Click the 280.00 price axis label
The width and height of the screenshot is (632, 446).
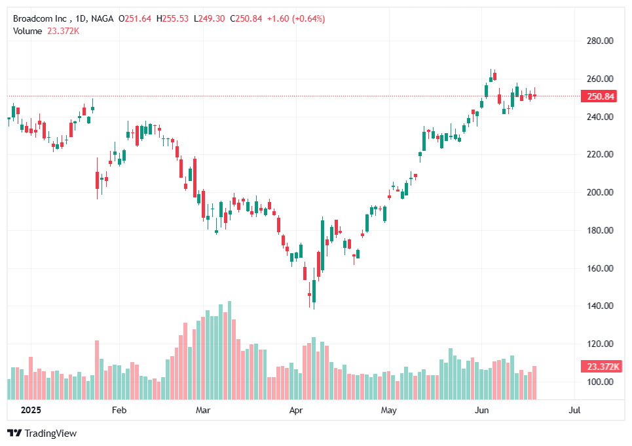600,41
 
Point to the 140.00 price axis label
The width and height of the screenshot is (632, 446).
600,306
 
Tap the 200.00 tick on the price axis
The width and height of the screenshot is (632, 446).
600,193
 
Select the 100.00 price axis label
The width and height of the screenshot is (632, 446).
600,382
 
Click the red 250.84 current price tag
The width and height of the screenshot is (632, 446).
600,96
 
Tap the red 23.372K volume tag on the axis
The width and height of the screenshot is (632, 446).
600,367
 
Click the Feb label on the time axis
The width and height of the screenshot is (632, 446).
119,411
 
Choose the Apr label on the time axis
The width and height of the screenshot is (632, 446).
296,411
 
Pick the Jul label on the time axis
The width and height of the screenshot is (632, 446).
575,411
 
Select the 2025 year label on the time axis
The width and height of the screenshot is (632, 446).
30,411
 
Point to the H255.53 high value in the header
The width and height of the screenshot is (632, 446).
172,18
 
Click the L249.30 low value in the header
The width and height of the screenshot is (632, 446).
210,18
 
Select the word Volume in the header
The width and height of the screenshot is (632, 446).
28,30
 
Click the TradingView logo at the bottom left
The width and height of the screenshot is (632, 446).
42,433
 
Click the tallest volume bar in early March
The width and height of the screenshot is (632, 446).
229,351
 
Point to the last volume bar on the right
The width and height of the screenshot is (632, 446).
534,382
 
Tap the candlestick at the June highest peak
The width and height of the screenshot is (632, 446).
491,77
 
